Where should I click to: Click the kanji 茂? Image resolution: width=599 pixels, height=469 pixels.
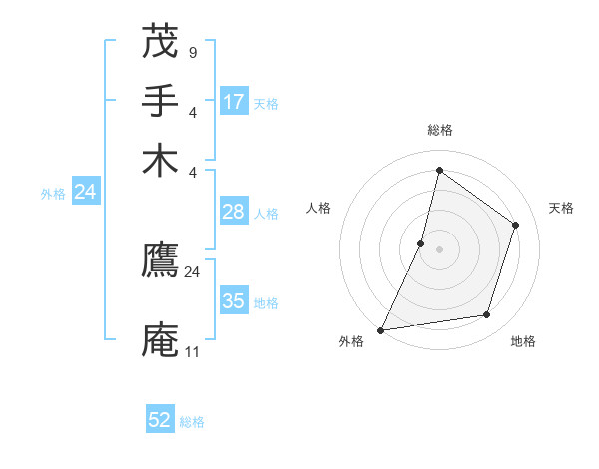coord(161,42)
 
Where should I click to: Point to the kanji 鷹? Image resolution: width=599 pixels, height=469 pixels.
coord(161,260)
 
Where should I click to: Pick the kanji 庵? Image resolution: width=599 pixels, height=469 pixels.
coord(161,339)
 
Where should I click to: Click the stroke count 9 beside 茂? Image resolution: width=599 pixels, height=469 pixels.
coord(192,52)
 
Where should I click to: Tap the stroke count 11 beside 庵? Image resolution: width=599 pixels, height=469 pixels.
coord(192,351)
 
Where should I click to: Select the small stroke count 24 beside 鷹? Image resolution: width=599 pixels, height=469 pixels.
coord(192,271)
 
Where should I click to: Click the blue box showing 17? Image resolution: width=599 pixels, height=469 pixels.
coord(234,101)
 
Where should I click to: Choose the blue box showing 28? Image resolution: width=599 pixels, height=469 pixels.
coord(234,212)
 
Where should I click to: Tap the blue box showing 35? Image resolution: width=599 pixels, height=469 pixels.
coord(234,301)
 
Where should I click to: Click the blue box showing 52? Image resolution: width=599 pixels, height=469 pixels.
coord(160,420)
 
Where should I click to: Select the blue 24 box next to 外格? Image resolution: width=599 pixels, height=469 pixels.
coord(85,192)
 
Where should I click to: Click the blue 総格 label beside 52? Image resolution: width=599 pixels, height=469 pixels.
coord(192,422)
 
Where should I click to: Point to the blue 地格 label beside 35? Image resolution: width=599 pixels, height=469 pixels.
coord(266,303)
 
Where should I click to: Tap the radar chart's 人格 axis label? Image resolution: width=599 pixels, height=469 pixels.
coord(319,208)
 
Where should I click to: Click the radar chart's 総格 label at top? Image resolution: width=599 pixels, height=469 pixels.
coord(439,130)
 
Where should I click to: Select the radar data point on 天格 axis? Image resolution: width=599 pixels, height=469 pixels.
coord(516,225)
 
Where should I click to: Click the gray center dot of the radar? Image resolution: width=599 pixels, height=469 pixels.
coord(439,248)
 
